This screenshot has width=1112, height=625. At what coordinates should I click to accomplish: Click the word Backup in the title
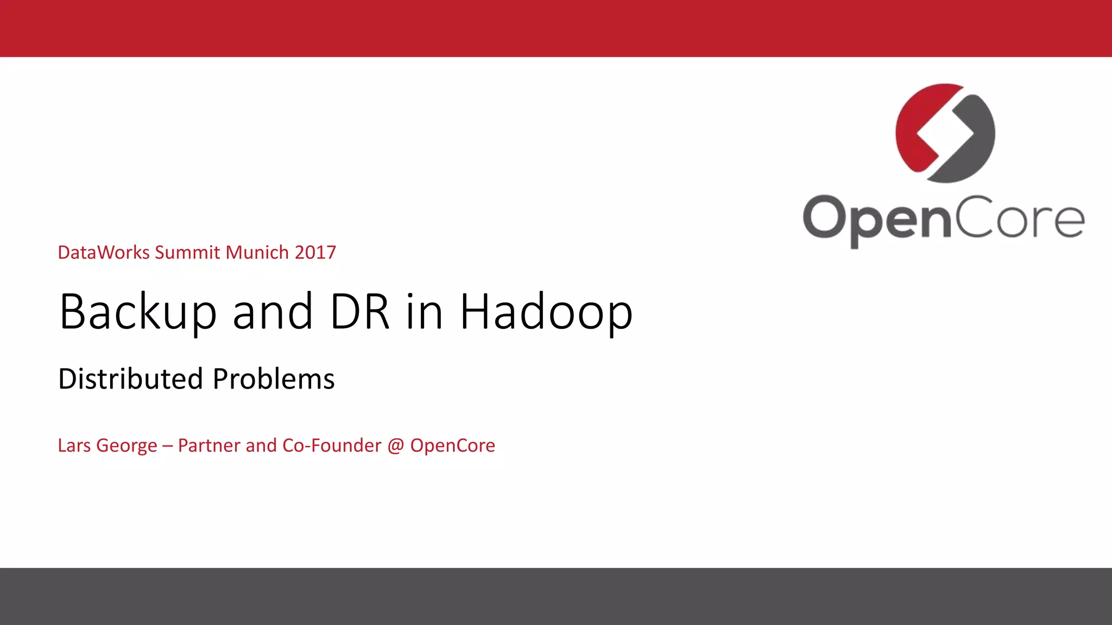point(138,312)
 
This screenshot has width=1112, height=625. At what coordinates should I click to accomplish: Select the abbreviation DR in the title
point(359,312)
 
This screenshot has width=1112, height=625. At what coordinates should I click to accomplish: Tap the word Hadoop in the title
point(546,312)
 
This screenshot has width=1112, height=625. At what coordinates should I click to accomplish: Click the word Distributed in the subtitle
point(130,379)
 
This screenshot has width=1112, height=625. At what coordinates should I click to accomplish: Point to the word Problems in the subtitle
point(274,379)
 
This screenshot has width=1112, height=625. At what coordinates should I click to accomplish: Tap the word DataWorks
point(103,252)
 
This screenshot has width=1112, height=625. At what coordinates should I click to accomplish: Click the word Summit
point(187,252)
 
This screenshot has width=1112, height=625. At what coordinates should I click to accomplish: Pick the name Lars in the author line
point(74,445)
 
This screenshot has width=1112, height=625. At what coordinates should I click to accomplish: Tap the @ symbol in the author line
point(396,446)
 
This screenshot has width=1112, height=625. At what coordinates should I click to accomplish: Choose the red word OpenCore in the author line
point(452,446)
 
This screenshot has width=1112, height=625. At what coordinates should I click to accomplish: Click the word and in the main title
point(273,312)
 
